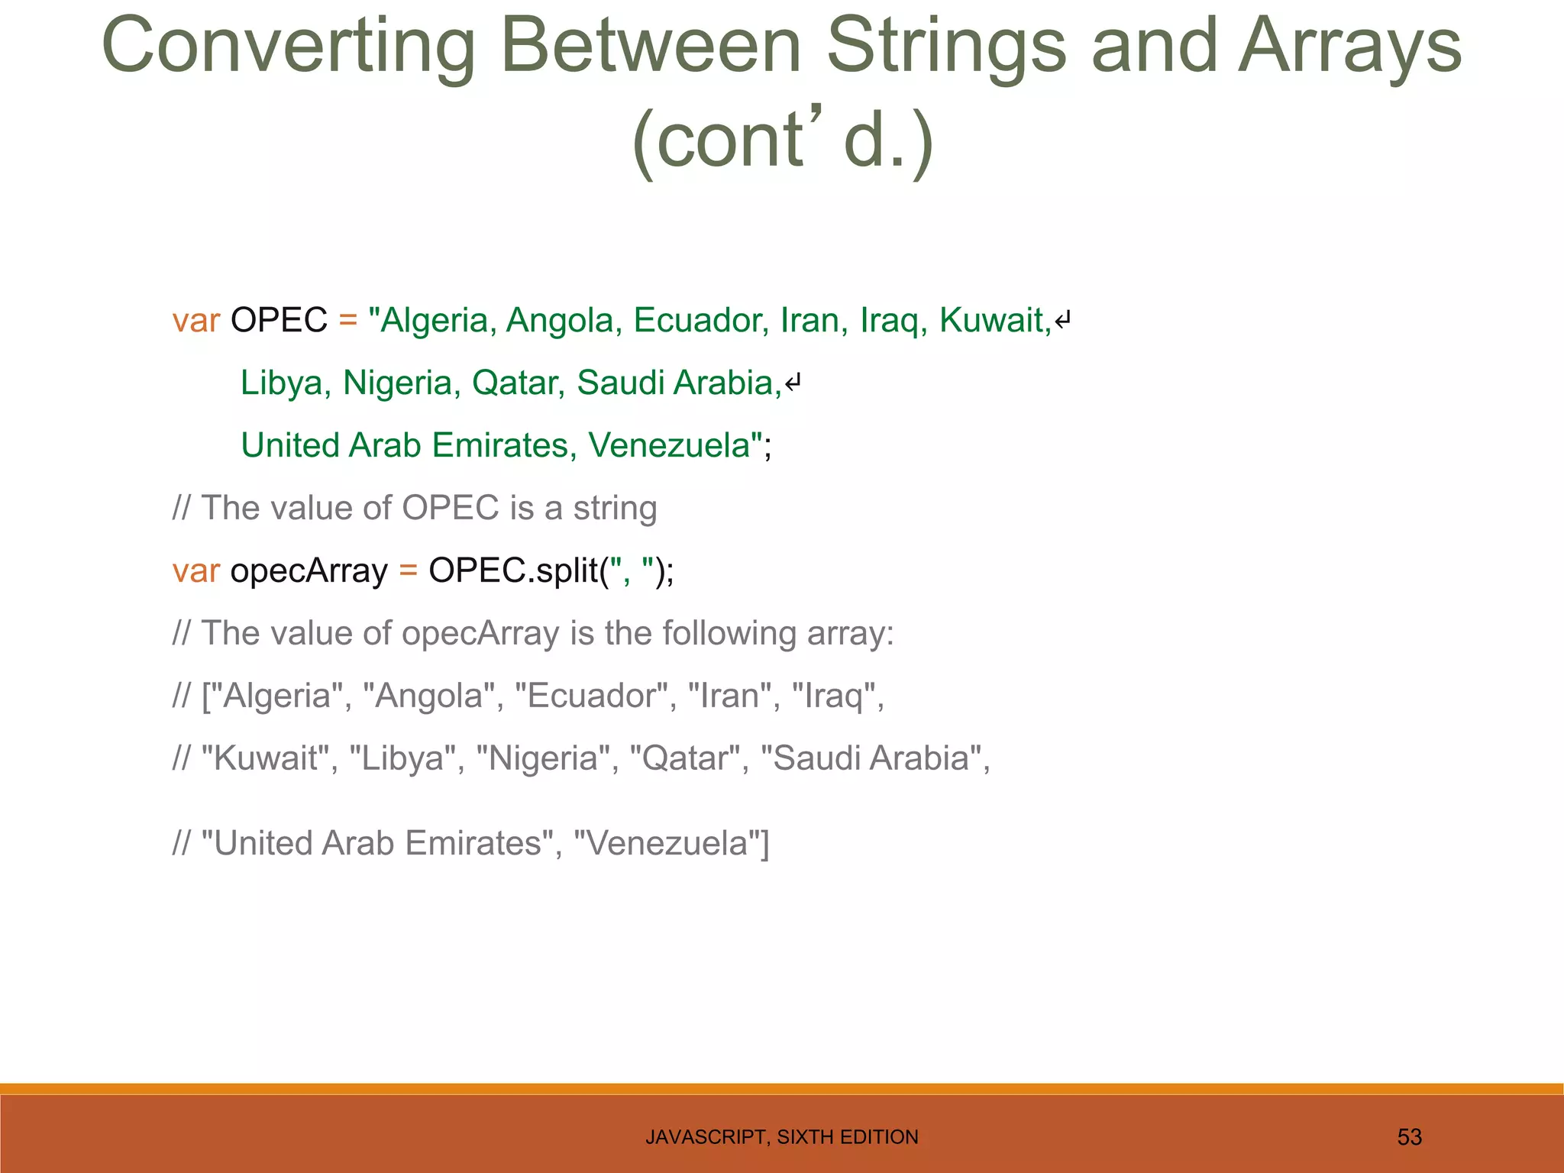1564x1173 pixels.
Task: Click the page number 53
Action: [x=1409, y=1137]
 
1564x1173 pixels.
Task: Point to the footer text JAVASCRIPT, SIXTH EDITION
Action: [x=781, y=1137]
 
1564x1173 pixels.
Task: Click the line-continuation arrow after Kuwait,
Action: [x=1063, y=321]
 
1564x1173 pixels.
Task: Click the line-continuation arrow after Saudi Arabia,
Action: [x=793, y=383]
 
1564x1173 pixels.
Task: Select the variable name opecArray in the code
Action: [x=309, y=571]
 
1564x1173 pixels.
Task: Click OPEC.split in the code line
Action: [x=512, y=571]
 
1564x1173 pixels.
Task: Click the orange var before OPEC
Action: [x=195, y=321]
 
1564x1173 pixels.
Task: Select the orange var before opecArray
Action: [x=195, y=571]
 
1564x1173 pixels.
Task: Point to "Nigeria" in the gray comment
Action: [x=542, y=759]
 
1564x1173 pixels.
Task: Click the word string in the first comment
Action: [x=615, y=509]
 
